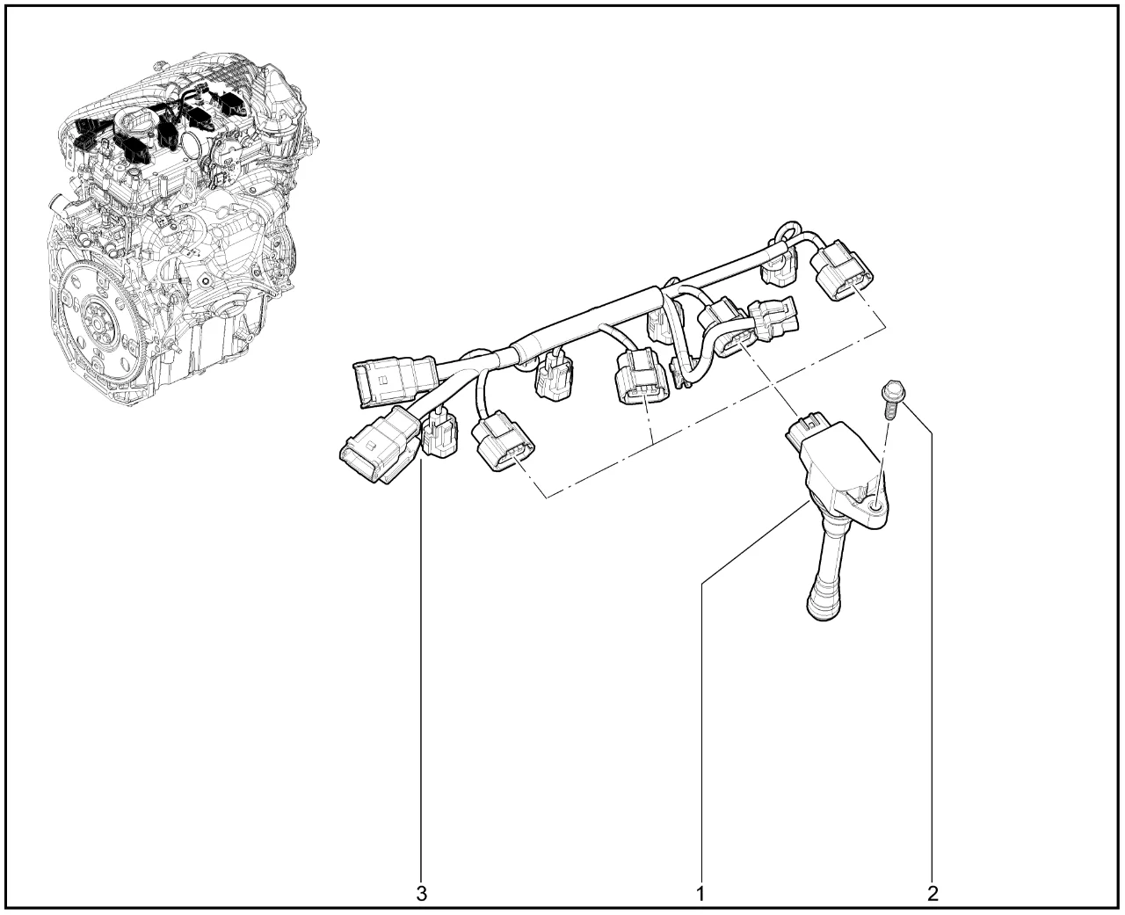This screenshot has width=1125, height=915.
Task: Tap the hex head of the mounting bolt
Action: [x=891, y=389]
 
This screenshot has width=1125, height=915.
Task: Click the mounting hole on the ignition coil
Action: [x=875, y=508]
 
